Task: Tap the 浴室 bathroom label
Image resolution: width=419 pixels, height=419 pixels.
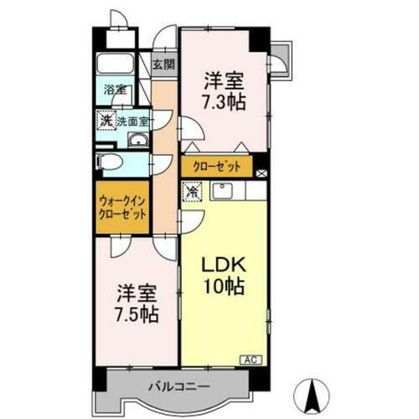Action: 115,90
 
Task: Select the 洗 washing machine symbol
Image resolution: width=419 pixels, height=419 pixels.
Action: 106,121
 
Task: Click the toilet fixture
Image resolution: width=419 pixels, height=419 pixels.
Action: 110,163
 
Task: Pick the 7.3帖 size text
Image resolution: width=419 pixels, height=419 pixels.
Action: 222,103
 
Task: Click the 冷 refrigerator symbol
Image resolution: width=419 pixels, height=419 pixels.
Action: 192,191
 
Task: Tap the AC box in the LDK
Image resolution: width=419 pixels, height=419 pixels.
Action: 249,359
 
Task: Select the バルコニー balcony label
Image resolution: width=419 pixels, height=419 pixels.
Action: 180,386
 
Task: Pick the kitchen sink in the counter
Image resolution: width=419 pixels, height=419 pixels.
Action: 221,190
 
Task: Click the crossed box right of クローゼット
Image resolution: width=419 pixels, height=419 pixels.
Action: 262,173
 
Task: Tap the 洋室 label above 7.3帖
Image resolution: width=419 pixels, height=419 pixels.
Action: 222,82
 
